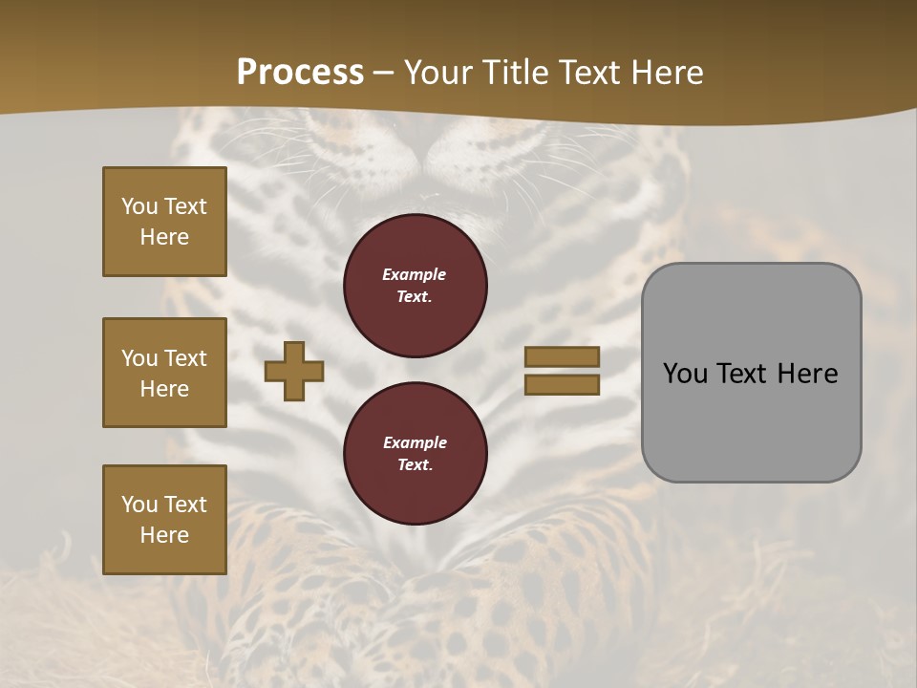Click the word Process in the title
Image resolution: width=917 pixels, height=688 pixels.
[300, 72]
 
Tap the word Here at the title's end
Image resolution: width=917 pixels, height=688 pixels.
[666, 72]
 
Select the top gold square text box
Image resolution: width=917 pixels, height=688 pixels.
[164, 222]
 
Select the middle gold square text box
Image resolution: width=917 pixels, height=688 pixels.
[164, 372]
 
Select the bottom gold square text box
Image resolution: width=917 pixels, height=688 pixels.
[164, 519]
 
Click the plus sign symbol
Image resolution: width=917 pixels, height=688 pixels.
[294, 371]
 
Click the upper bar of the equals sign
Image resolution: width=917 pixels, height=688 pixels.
[562, 356]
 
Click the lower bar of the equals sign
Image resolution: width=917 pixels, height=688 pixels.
[562, 384]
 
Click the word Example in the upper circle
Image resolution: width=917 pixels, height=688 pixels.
[415, 274]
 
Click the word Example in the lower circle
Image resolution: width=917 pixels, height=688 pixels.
[415, 442]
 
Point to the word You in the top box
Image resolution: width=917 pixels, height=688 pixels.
[139, 206]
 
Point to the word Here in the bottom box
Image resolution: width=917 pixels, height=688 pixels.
[164, 535]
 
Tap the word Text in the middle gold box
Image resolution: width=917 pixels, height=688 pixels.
[184, 358]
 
